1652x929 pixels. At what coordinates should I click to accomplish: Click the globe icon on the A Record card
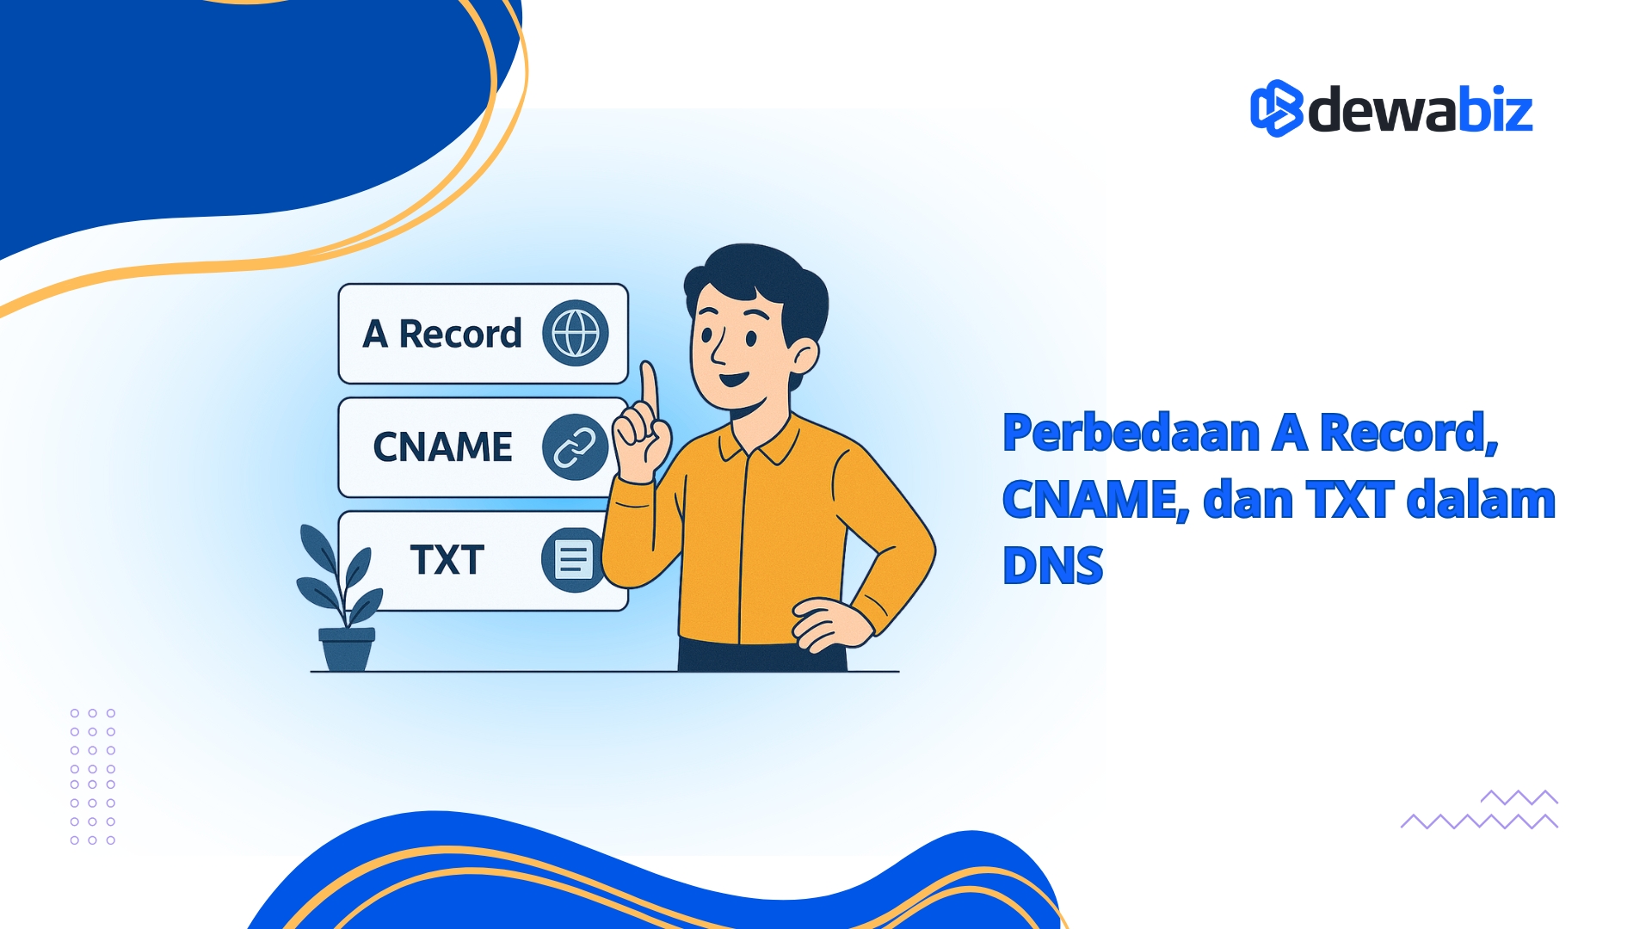[x=575, y=333]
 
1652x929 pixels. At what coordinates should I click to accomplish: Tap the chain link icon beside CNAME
[x=574, y=447]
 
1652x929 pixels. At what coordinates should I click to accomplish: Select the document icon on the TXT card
[x=572, y=560]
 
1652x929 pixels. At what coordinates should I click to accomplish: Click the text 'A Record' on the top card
[x=442, y=334]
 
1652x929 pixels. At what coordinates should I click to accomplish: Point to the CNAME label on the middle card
[x=442, y=447]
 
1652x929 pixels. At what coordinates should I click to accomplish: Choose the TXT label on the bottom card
[x=447, y=560]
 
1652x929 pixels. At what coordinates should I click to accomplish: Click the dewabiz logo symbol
[x=1276, y=108]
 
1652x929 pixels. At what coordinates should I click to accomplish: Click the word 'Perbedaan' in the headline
[x=1131, y=433]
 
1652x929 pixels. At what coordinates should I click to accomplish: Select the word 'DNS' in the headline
[x=1052, y=566]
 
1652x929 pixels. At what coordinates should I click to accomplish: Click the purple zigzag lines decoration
[x=1480, y=811]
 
